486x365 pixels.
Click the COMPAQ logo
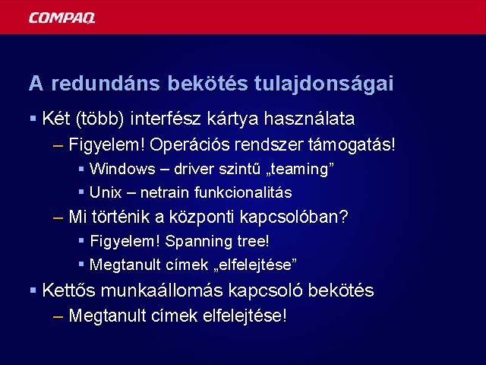tap(62, 18)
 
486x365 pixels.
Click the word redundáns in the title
tap(106, 83)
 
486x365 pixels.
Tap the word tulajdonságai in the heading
tap(323, 84)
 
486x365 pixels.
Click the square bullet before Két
tap(33, 119)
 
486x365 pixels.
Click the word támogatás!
tap(352, 144)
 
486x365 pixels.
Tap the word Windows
tap(122, 169)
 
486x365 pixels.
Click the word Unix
tap(106, 192)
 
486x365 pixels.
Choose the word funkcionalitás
tap(243, 192)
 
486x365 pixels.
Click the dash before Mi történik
tap(58, 217)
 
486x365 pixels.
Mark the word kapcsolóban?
tap(294, 217)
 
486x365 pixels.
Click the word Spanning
tap(198, 242)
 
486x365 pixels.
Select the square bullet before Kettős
tap(33, 290)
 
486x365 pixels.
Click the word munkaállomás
tap(162, 290)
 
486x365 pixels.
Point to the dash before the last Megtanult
tap(58, 316)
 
